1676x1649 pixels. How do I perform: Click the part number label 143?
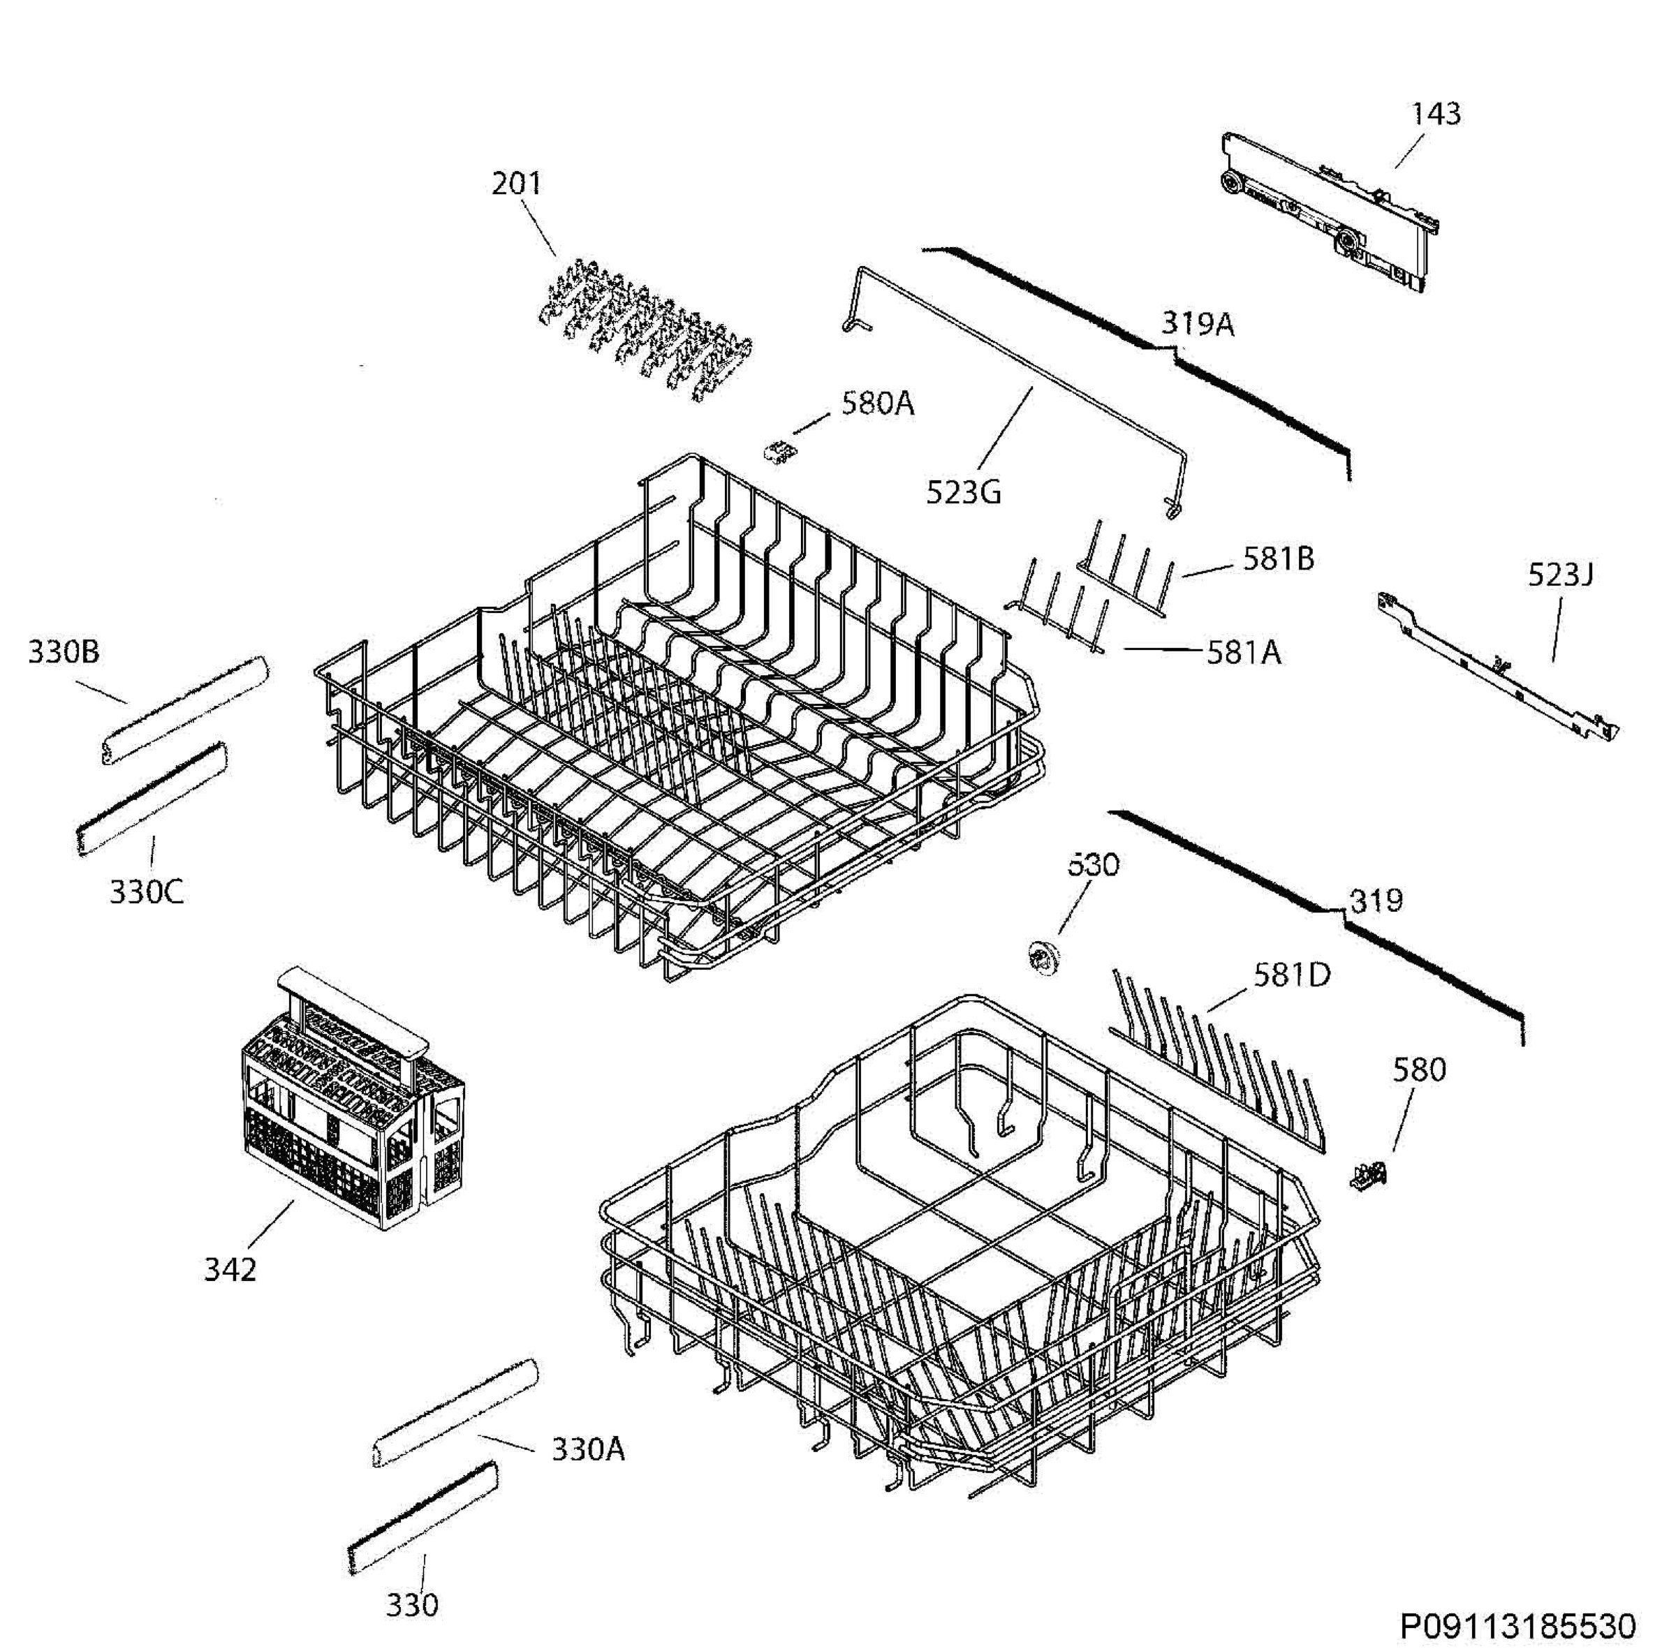[x=1436, y=114]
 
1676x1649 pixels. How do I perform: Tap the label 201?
[x=516, y=184]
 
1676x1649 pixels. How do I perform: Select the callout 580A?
[x=877, y=404]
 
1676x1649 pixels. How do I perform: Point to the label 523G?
[x=963, y=493]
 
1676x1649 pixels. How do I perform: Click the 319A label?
[x=1197, y=324]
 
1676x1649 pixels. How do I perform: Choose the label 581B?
[x=1279, y=559]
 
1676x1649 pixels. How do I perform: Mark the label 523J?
[x=1560, y=574]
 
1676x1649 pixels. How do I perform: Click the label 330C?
[x=147, y=892]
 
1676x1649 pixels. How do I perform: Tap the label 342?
[x=230, y=1271]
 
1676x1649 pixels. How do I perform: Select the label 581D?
[x=1291, y=975]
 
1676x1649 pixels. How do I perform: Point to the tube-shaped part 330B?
[x=184, y=710]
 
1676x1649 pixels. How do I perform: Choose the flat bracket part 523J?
[x=1496, y=666]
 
